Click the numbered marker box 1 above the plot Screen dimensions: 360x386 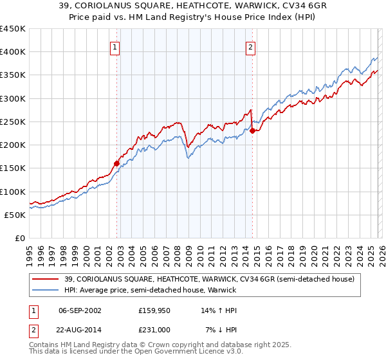(x=115, y=46)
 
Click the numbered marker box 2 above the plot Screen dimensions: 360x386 (x=250, y=46)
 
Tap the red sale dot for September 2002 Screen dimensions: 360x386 (x=117, y=163)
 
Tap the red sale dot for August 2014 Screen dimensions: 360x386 (x=252, y=130)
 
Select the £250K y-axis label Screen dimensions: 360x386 (x=12, y=122)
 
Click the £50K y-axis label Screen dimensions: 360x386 (x=15, y=215)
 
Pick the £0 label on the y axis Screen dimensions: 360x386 (x=20, y=239)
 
